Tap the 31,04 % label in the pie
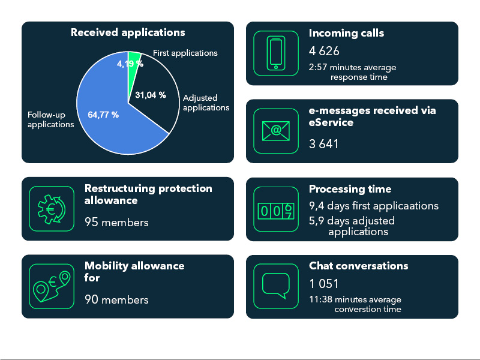point(151,95)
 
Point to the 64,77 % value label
point(103,115)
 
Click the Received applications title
point(128,32)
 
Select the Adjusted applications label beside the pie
point(206,103)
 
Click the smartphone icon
point(276,53)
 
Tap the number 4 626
point(324,51)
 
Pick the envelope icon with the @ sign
point(276,131)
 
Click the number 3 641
point(323,144)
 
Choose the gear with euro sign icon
point(52,209)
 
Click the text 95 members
point(116,222)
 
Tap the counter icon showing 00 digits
point(276,211)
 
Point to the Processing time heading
point(350,189)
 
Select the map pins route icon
point(52,287)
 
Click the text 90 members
point(116,299)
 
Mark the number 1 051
point(323,284)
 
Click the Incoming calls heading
point(346,33)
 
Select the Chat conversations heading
point(358,265)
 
